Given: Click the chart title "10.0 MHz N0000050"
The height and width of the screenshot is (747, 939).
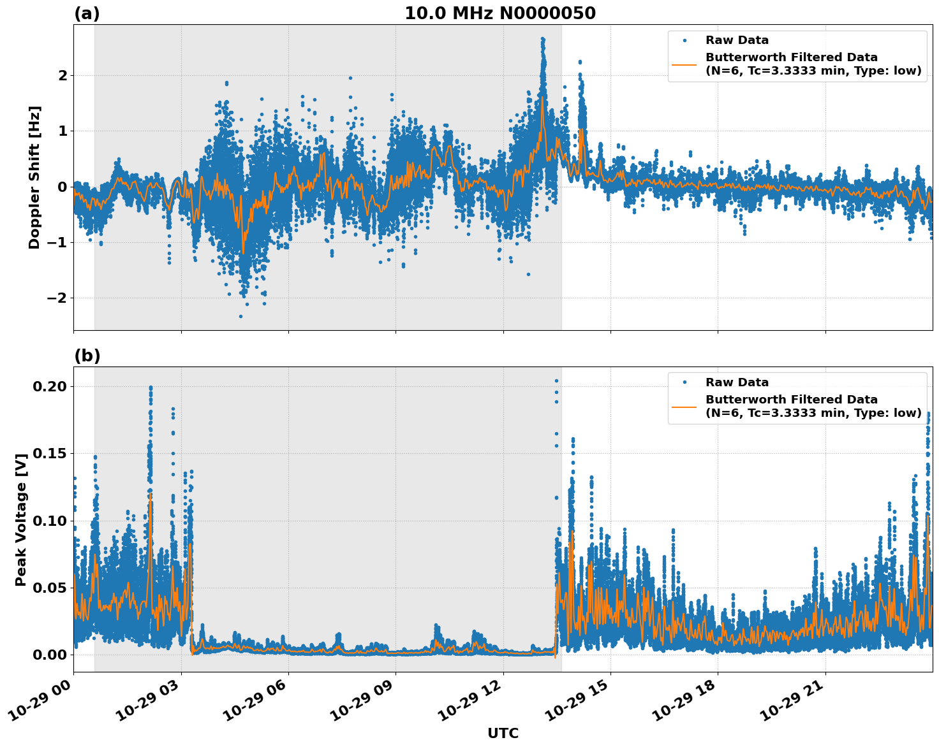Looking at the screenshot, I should (500, 13).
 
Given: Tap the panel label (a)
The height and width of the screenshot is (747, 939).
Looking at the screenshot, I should (87, 13).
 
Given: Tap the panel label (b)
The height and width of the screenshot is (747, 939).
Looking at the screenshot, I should (87, 356).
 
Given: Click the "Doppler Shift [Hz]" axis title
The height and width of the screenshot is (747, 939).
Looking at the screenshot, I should (34, 177).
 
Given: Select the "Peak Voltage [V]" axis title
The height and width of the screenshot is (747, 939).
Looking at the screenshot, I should (21, 519).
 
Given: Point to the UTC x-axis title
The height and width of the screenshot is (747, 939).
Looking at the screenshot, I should (503, 733).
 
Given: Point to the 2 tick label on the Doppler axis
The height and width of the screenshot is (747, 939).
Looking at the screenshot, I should (63, 75).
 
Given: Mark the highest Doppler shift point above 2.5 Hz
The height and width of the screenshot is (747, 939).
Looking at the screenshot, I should (542, 39).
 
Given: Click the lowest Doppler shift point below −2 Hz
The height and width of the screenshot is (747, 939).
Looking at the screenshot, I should (240, 316).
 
